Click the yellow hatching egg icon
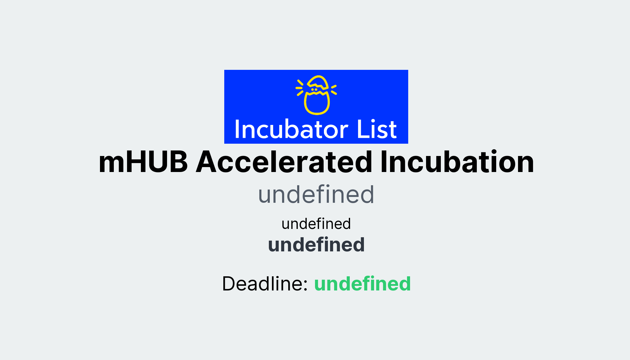click(x=317, y=95)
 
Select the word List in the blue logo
click(x=377, y=130)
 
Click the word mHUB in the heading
click(x=143, y=162)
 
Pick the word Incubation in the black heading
click(x=457, y=162)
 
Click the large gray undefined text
click(x=316, y=194)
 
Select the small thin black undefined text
click(x=316, y=224)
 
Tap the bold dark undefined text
click(x=316, y=245)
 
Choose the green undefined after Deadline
click(x=362, y=284)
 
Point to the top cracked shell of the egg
click(x=318, y=82)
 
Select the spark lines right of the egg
click(x=333, y=89)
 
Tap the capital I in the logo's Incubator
click(x=237, y=130)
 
